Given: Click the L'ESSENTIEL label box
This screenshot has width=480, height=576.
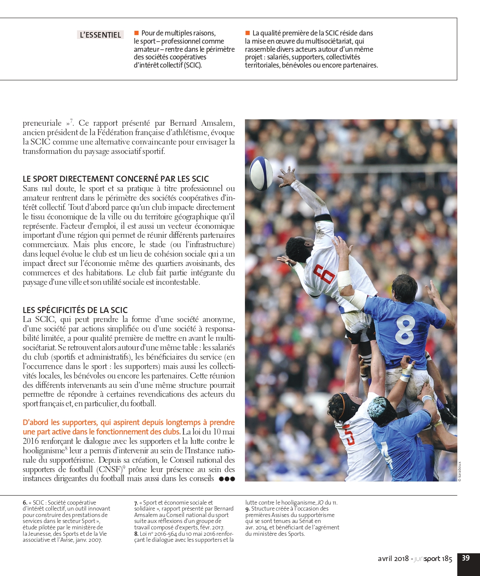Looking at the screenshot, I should coord(100,35).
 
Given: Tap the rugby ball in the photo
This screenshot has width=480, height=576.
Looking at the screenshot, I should coord(261,173).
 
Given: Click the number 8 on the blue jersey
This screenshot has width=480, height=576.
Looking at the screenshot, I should coord(405,329).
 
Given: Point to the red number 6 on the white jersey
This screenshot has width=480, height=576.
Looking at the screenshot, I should coord(324,274).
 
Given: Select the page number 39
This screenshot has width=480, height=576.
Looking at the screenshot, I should coord(465,558).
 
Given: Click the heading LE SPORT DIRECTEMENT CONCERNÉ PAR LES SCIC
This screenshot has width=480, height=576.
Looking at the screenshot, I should coord(116,179).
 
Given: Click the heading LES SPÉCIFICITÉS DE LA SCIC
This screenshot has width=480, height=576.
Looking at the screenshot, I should coord(75,310).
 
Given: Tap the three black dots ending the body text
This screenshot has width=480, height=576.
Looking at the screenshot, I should coord(227,479).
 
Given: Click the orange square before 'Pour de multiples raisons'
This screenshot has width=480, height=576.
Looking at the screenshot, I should coord(136,33).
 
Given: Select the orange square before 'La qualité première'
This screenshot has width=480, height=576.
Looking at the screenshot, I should coord(247,33).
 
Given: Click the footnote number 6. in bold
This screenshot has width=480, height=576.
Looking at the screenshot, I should coord(25,503).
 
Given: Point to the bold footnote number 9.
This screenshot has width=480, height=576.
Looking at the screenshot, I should coord(247,509).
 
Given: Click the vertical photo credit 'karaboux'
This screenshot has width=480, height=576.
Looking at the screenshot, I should coord(459,471).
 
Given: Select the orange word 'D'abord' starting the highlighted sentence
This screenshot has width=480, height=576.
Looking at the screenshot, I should coord(35,422).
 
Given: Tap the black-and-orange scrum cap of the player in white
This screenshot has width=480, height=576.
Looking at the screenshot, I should coord(342,402).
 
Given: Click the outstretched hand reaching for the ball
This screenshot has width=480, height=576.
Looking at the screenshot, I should coord(287,176).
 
